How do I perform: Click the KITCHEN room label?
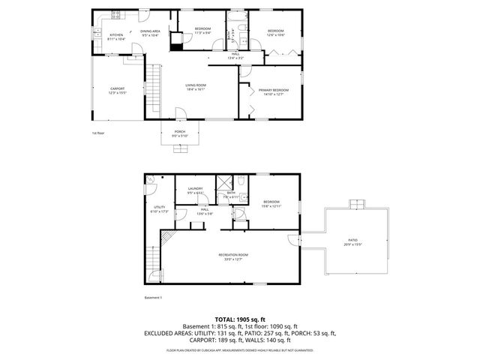click(116, 34)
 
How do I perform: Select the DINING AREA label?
click(150, 31)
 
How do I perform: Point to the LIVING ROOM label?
click(196, 85)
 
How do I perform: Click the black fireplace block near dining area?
click(176, 43)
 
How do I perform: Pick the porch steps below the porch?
click(181, 148)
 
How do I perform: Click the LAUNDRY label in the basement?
click(196, 189)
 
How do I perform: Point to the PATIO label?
click(352, 241)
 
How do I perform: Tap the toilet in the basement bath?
click(244, 181)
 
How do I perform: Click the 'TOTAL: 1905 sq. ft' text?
click(239, 319)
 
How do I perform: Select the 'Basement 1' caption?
click(153, 298)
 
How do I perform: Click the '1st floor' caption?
click(99, 133)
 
